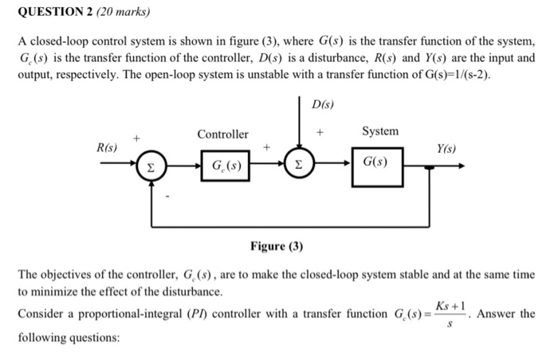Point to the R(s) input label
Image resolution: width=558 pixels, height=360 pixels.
coord(108,148)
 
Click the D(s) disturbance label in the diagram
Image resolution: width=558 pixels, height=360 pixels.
coord(323,104)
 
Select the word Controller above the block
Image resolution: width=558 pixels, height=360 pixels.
coord(222,135)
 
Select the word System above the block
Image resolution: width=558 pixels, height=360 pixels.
coord(380,131)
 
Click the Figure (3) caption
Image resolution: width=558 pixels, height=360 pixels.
coord(277,246)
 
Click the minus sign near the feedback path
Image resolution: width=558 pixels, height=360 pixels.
coord(167,194)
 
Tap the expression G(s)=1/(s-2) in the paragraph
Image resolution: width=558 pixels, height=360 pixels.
coord(451,74)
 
